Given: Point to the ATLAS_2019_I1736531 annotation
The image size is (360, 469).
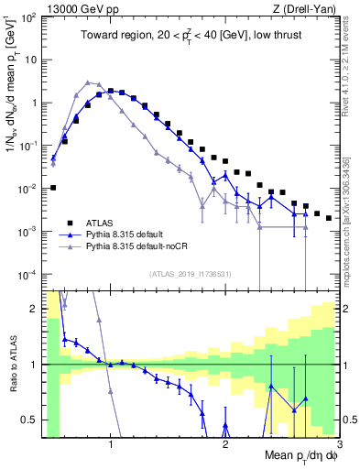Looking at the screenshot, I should [x=191, y=274].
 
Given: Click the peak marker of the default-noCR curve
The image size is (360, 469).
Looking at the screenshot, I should [x=88, y=82].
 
